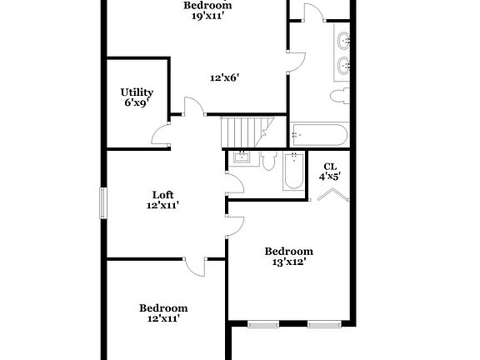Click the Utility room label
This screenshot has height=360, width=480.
coord(137,92)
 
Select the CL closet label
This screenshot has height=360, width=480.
coord(330,166)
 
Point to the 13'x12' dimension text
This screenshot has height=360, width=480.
coord(288,262)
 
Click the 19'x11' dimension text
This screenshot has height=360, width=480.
coord(207,15)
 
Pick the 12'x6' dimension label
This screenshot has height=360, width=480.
coord(225,77)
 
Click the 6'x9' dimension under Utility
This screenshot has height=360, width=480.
coord(137,102)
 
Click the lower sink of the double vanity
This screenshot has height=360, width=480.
coord(343,65)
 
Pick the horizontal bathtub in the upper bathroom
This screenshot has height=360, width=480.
coord(319,136)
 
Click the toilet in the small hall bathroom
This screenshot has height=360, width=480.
coord(268,160)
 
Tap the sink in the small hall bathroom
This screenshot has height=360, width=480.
coord(242,157)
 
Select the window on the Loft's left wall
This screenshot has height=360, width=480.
coord(104,204)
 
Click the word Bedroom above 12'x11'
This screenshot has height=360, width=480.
coord(163,307)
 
